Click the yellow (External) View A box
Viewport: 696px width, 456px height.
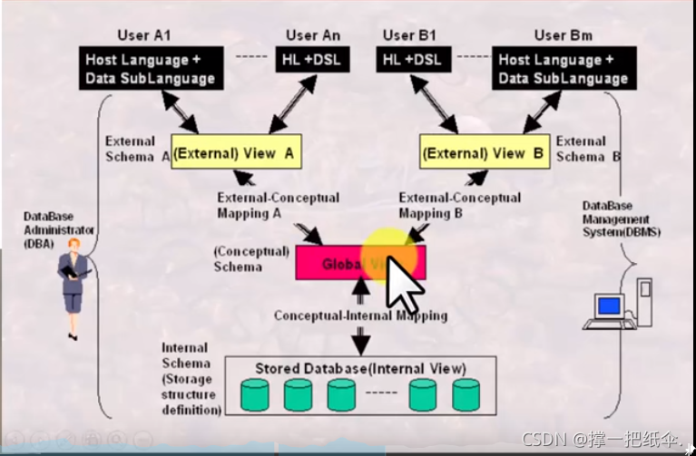coord(236,152)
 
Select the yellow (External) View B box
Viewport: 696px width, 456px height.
coord(485,152)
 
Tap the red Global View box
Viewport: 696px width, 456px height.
coord(360,263)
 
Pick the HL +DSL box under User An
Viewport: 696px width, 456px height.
coord(311,60)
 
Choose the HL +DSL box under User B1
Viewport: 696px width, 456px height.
coord(413,60)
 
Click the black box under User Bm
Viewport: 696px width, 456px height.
coord(563,69)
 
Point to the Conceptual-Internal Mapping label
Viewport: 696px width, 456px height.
coord(360,315)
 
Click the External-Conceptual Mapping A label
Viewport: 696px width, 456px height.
coord(278,206)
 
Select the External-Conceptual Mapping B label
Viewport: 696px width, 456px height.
coord(460,206)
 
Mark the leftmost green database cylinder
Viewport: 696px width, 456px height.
coord(255,394)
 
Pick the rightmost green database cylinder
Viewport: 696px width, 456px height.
coord(466,394)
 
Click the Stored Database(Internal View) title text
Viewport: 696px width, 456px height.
coord(360,368)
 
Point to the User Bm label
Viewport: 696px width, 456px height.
coord(563,35)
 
